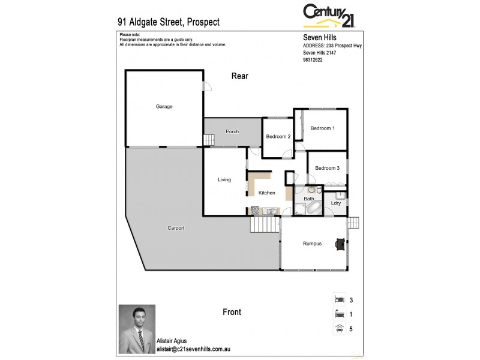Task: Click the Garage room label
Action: pyautogui.click(x=164, y=107)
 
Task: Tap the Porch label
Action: pyautogui.click(x=232, y=131)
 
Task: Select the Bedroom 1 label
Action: pyautogui.click(x=322, y=128)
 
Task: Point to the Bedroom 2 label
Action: pyautogui.click(x=278, y=137)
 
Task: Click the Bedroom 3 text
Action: pyautogui.click(x=327, y=168)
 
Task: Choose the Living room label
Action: pyautogui.click(x=224, y=179)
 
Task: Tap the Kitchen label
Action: pyautogui.click(x=266, y=193)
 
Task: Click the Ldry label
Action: pyautogui.click(x=336, y=203)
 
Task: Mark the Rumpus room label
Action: pyautogui.click(x=312, y=244)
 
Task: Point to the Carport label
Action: pyautogui.click(x=176, y=228)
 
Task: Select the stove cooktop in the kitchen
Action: pyautogui.click(x=254, y=211)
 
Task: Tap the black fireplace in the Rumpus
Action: pyautogui.click(x=340, y=243)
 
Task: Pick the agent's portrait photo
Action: pyautogui.click(x=137, y=329)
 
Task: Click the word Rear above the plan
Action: pyautogui.click(x=239, y=76)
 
